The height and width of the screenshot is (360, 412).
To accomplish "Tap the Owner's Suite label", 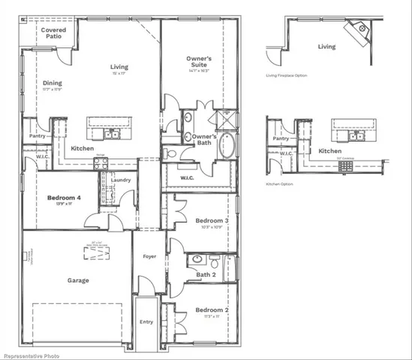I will [199, 62].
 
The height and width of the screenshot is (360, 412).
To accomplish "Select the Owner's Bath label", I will [204, 139].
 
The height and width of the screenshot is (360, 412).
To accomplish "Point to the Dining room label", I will [52, 83].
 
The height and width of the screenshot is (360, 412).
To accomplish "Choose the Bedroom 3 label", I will [211, 220].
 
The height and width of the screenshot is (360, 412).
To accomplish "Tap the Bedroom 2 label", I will [211, 310].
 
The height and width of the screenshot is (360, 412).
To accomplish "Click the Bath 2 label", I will [206, 274].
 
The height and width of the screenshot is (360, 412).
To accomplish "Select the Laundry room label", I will [120, 180].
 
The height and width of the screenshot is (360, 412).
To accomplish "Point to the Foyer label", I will [150, 256].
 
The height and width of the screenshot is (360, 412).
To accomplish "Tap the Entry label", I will [146, 322].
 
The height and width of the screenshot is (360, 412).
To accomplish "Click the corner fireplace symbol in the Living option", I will [356, 31].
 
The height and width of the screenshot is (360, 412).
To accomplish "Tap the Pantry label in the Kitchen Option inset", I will [281, 139].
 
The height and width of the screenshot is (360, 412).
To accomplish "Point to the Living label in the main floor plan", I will [119, 66].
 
